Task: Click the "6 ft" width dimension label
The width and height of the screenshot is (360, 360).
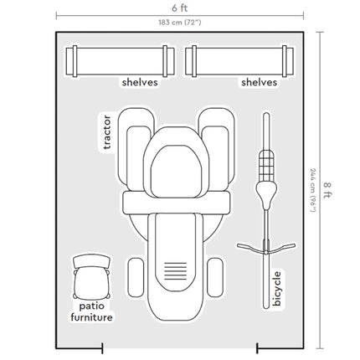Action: pos(179,8)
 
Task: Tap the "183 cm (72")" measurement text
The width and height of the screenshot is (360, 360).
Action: pos(180,23)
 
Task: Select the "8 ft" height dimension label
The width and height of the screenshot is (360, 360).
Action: pos(327,190)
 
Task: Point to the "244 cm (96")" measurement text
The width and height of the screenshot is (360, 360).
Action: pos(313,190)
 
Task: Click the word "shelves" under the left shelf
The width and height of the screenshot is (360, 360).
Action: pos(140,82)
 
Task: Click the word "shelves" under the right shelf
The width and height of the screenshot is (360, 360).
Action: pos(260,82)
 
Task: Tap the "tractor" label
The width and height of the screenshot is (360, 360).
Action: pos(107,132)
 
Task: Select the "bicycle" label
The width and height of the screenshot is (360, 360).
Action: pos(276,289)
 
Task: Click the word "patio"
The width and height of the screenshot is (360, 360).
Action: pos(92,306)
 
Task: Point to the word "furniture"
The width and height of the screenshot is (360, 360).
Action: pos(92,317)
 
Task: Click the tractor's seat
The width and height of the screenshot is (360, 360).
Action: pos(176,172)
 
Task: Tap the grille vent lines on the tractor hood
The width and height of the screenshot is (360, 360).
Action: pos(175,271)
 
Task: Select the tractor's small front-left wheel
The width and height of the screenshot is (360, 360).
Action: pos(136,277)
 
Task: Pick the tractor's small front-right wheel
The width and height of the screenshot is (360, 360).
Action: pos(215,277)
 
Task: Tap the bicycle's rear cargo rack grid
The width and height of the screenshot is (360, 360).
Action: pos(266,166)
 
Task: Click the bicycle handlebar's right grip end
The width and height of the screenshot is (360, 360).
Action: pos(293,245)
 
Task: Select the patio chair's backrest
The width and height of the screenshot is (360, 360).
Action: pos(92,261)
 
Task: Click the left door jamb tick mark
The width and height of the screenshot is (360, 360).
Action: pos(102,348)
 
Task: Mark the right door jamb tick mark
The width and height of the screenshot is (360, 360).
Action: pos(257,348)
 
